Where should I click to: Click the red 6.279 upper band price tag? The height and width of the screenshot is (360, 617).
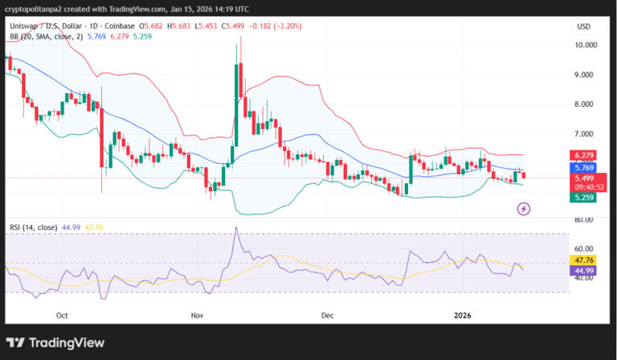click(583, 155)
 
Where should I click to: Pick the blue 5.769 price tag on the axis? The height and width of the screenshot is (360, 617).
click(583, 168)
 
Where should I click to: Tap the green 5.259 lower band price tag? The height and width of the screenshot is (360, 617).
click(583, 197)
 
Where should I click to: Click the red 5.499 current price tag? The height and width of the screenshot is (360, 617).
click(583, 178)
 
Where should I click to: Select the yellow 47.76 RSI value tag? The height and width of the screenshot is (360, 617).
click(583, 260)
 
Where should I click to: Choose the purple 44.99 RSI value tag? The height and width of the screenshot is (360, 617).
click(583, 271)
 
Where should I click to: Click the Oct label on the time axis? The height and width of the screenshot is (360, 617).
click(63, 316)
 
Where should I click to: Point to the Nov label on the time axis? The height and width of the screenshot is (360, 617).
click(198, 316)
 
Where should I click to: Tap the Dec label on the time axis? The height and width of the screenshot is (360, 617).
click(327, 316)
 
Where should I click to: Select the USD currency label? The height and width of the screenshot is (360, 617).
click(583, 27)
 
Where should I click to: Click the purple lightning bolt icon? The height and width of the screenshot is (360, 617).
click(523, 209)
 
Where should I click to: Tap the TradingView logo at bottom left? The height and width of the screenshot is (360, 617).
click(56, 342)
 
